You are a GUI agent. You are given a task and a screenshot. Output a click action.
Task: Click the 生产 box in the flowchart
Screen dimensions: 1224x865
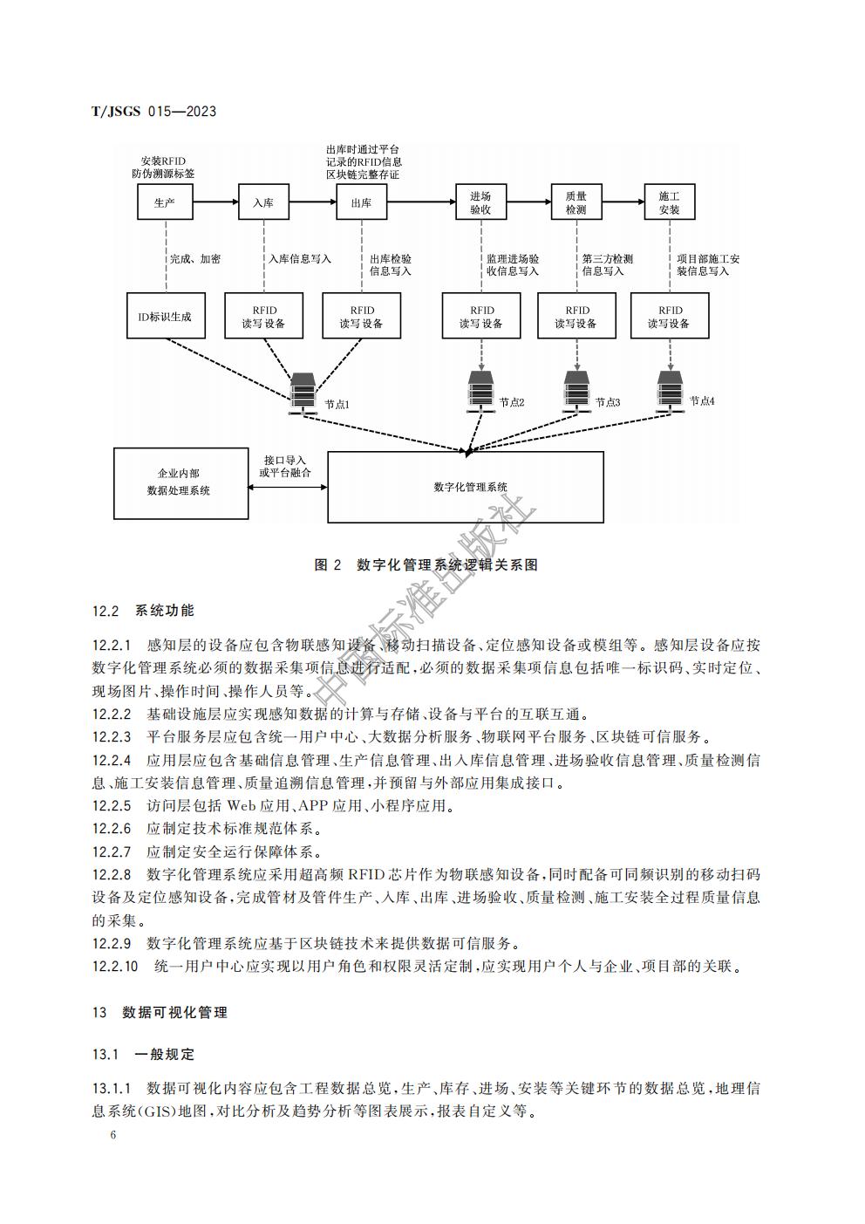[x=165, y=202]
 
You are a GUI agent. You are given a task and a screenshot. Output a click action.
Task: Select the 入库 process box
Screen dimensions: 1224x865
[x=263, y=202]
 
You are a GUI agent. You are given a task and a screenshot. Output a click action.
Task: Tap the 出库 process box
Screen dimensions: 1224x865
[x=361, y=202]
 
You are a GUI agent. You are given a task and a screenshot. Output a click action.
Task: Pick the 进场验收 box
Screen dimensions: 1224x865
[x=480, y=202]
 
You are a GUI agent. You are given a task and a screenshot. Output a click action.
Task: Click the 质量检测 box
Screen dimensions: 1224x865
[x=576, y=202]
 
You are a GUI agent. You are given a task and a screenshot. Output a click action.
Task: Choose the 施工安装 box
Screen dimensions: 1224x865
[x=669, y=202]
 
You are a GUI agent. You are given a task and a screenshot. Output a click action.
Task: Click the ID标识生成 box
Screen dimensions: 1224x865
[x=165, y=316]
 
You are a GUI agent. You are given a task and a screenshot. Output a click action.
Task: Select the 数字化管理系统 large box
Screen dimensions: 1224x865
[x=466, y=487]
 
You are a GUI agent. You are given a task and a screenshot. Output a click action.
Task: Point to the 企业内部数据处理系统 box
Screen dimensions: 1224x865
[x=179, y=482]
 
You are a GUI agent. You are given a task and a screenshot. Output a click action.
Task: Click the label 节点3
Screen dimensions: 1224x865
[x=608, y=402]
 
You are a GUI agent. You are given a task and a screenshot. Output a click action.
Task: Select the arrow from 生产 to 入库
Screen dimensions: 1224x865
[x=215, y=202]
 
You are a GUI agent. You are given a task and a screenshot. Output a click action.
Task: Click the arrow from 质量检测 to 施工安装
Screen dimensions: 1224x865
[x=621, y=202]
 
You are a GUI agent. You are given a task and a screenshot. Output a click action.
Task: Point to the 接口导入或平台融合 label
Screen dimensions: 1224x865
[x=285, y=466]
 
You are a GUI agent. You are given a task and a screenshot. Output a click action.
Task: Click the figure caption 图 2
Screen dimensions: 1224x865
[x=426, y=565]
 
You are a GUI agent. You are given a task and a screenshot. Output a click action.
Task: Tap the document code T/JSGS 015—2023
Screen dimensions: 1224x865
[x=153, y=112]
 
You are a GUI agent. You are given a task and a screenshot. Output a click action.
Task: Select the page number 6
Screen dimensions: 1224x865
[x=113, y=1135]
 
